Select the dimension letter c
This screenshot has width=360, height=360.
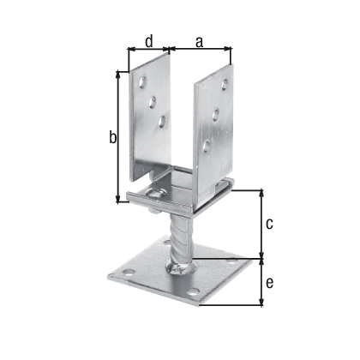coord(270,224)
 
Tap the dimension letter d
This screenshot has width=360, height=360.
coord(148,39)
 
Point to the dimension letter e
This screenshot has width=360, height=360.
coord(270,283)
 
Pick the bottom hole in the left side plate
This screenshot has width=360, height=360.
coord(162,122)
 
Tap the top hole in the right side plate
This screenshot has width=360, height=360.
coord(225,84)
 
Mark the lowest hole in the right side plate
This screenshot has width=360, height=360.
coord(206,148)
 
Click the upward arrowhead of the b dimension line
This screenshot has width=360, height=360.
coord(117,75)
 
